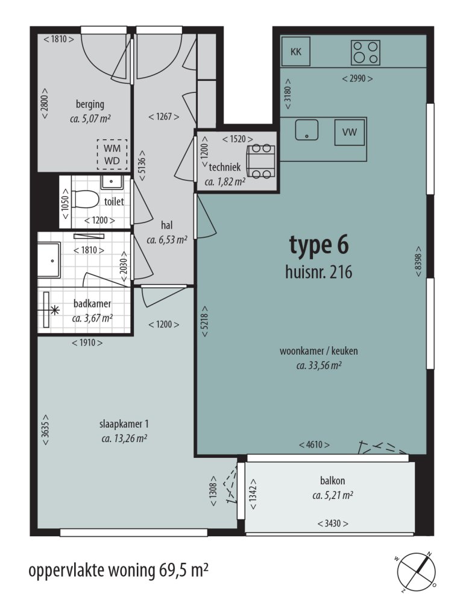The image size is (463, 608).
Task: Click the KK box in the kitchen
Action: tap(295, 52)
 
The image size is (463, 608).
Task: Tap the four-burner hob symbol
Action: tap(366, 52)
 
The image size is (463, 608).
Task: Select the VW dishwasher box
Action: tap(350, 132)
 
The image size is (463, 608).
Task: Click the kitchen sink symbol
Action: tap(307, 129)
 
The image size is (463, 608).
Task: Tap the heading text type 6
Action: tap(319, 245)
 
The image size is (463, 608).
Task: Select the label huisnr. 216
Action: tap(318, 272)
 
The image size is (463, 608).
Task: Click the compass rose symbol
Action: tap(415, 571)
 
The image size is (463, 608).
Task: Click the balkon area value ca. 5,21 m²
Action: tap(332, 495)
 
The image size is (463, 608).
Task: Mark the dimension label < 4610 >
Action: tap(315, 445)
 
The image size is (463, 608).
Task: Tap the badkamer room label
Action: tap(92, 304)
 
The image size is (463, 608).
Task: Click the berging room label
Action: tap(90, 104)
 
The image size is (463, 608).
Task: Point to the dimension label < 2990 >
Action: tap(357, 78)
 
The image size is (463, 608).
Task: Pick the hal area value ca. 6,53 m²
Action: tap(166, 239)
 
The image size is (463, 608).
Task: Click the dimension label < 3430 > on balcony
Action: tap(333, 523)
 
